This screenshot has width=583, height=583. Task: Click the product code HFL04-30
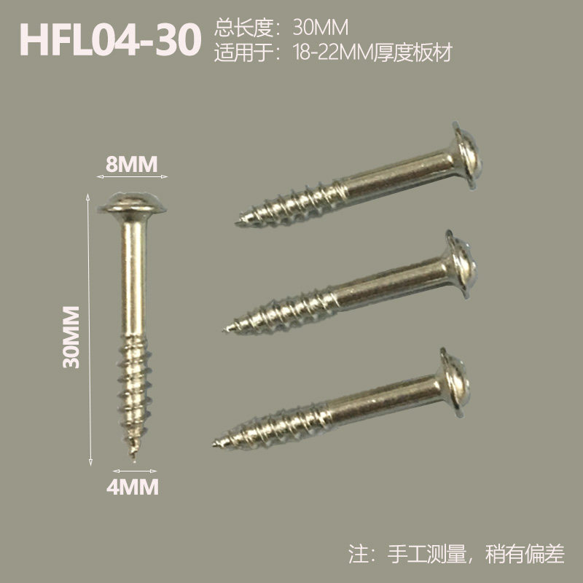click(x=110, y=39)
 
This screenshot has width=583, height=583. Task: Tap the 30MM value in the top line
click(x=321, y=27)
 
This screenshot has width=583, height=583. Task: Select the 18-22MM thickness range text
click(x=333, y=52)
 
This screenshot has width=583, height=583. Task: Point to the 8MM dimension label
click(x=132, y=164)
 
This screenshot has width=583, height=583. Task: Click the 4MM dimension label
click(x=133, y=487)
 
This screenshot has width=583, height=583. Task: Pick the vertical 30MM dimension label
click(x=71, y=337)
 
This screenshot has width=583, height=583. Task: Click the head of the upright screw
click(x=132, y=204)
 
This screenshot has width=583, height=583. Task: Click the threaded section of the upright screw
click(x=134, y=394)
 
